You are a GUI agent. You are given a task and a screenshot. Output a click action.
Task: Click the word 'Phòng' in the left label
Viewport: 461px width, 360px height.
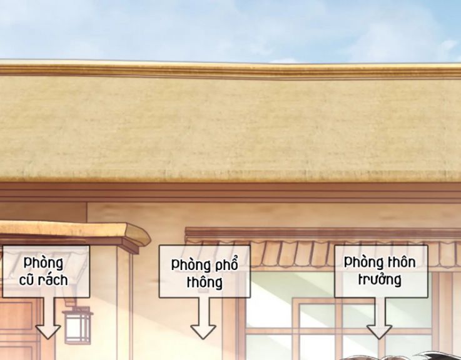pyautogui.click(x=43, y=262)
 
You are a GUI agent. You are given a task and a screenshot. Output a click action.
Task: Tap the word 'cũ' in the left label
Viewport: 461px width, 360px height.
pyautogui.click(x=29, y=279)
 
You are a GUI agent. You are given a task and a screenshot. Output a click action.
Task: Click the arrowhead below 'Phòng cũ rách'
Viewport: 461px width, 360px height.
pyautogui.click(x=48, y=329)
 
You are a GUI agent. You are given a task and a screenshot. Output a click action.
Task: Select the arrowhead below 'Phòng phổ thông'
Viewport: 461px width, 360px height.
pyautogui.click(x=203, y=329)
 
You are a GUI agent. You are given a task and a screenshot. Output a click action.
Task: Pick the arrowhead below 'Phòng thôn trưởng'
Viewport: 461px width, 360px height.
pyautogui.click(x=379, y=329)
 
